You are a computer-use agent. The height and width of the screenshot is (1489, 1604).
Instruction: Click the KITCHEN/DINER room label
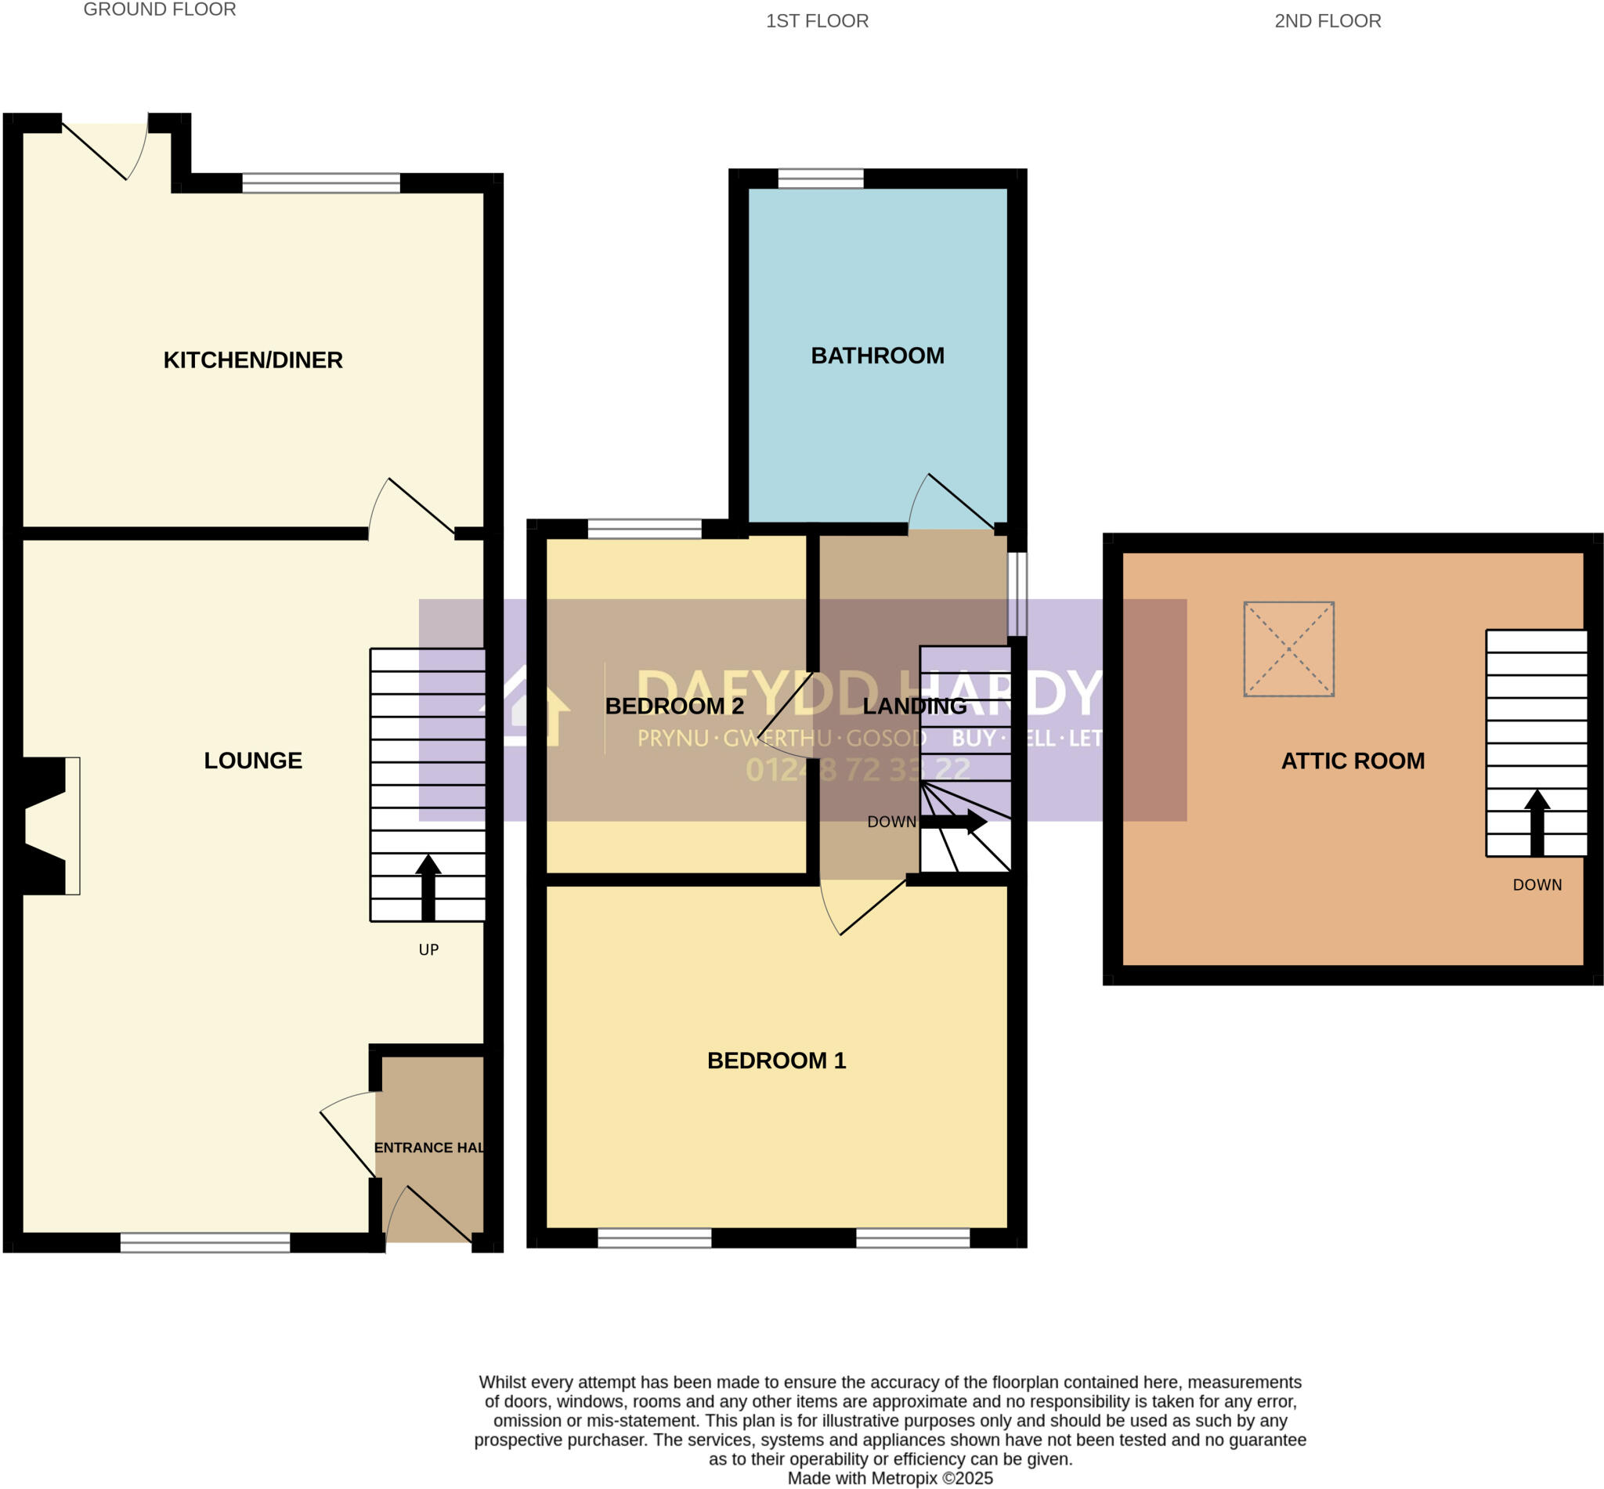pyautogui.click(x=253, y=360)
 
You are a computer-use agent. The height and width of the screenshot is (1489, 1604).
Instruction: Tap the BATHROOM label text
pyautogui.click(x=877, y=356)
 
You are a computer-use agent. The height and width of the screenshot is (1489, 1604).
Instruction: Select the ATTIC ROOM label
pyautogui.click(x=1353, y=761)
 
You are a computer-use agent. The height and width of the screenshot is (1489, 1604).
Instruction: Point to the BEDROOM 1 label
pyautogui.click(x=777, y=1061)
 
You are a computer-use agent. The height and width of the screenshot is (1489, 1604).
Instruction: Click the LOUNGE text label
pyautogui.click(x=253, y=761)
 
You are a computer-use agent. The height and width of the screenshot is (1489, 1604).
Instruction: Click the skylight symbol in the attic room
pyautogui.click(x=1288, y=649)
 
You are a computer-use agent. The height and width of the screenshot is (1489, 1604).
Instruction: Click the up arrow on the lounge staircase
pyautogui.click(x=428, y=887)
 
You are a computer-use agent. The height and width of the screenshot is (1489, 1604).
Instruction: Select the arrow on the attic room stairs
pyautogui.click(x=1537, y=822)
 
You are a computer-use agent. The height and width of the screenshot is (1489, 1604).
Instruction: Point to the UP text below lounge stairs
pyautogui.click(x=428, y=950)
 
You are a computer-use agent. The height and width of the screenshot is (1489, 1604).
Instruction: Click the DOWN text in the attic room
pyautogui.click(x=1537, y=884)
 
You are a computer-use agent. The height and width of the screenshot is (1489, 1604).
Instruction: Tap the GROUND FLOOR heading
pyautogui.click(x=160, y=9)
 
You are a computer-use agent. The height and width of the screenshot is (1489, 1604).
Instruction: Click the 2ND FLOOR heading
pyautogui.click(x=1327, y=21)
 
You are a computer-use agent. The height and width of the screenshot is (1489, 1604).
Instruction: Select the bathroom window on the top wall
pyautogui.click(x=820, y=178)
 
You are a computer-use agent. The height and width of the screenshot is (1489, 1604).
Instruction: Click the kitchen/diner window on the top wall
pyautogui.click(x=320, y=183)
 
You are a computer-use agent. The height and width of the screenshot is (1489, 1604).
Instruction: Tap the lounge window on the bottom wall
pyautogui.click(x=204, y=1242)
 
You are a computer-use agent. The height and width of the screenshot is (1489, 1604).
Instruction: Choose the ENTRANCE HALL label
pyautogui.click(x=428, y=1147)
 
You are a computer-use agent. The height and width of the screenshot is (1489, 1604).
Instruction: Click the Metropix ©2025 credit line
pyautogui.click(x=890, y=1479)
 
